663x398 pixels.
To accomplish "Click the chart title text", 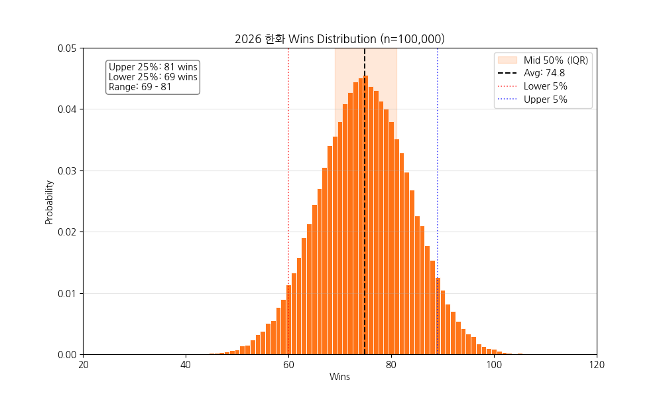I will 339,39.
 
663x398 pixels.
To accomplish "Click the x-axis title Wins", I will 339,377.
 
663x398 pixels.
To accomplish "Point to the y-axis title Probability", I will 49,201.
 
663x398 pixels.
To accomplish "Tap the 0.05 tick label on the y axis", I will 66,48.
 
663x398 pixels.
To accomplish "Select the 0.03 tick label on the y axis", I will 66,170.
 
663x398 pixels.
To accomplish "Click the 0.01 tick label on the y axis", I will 66,293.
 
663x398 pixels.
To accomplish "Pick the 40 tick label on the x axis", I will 186,365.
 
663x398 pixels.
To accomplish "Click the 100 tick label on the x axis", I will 494,365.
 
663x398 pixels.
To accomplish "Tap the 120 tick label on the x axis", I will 597,365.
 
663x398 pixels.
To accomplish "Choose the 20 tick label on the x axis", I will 83,365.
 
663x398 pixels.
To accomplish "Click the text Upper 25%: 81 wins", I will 152,67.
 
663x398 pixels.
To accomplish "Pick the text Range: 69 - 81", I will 140,87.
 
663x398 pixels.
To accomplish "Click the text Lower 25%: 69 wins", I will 152,77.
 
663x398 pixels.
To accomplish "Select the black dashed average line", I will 365,199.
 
